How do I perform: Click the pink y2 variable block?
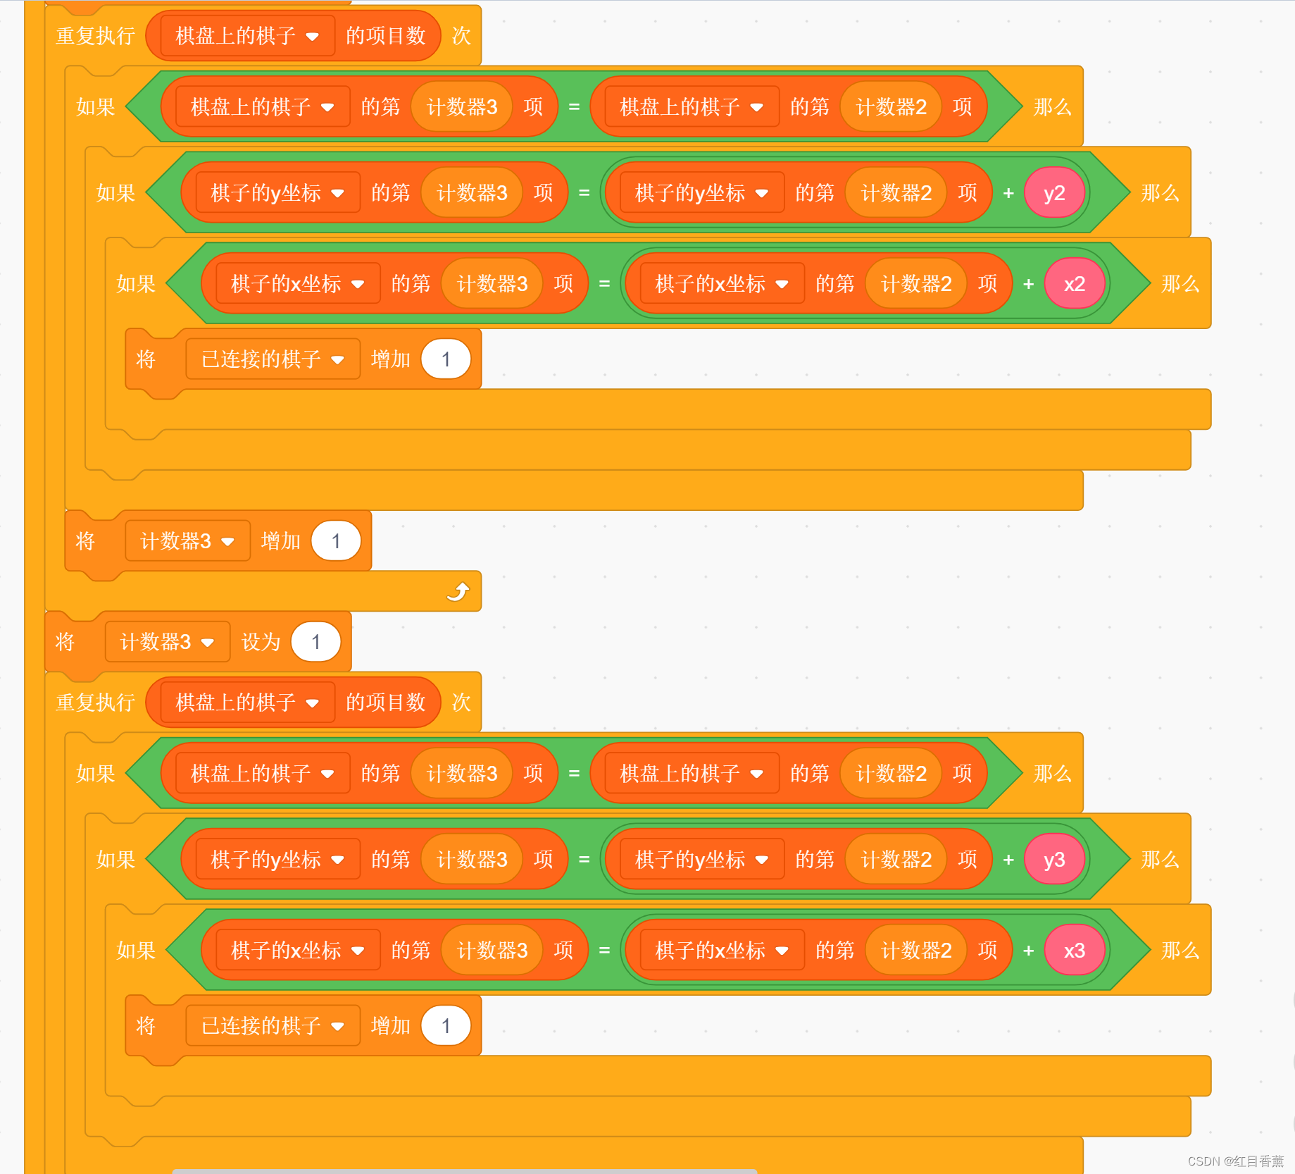pos(1053,193)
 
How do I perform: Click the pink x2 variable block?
pos(1074,284)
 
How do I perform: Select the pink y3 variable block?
pos(1053,860)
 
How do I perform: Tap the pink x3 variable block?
pos(1074,951)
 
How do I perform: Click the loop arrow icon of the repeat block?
pos(458,591)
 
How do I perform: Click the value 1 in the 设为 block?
pos(315,642)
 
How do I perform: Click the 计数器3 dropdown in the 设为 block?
pos(168,642)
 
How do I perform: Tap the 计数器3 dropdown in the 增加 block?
pos(187,541)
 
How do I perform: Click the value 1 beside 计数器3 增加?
pos(336,541)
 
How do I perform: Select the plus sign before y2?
pos(1008,193)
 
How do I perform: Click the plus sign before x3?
pos(1028,951)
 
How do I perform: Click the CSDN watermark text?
pos(1235,1161)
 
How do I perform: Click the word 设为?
pos(261,642)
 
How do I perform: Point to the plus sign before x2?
pos(1028,284)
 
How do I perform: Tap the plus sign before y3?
pos(1008,860)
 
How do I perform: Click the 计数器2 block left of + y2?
pos(896,193)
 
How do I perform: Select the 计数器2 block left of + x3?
pos(915,951)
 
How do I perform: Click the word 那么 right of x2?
pos(1180,284)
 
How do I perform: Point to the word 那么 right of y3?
pos(1160,860)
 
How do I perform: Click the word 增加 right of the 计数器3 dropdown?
pos(280,541)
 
